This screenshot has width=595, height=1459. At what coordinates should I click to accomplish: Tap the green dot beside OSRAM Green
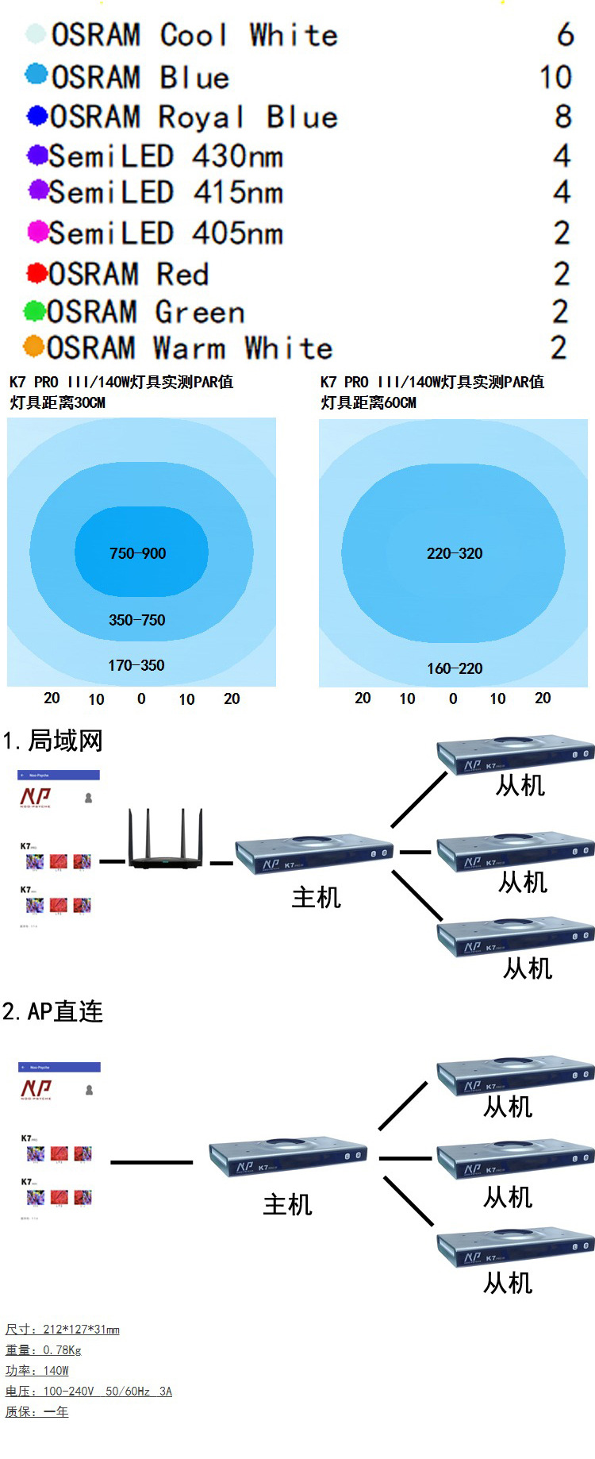[x=34, y=311]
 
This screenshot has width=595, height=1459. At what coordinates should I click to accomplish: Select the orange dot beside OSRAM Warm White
[x=33, y=347]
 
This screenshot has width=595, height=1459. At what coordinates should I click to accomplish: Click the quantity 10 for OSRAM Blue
[x=555, y=78]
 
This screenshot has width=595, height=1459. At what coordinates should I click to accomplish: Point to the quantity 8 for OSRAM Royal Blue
[x=562, y=117]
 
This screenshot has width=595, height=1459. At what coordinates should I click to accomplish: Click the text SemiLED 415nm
[x=166, y=193]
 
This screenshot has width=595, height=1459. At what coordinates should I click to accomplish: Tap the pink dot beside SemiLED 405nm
[x=37, y=233]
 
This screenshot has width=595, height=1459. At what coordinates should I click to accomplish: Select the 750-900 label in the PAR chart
[x=137, y=553]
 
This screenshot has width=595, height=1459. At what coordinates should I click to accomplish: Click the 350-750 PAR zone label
[x=136, y=620]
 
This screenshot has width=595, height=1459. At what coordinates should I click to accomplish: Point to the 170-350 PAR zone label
[x=136, y=665]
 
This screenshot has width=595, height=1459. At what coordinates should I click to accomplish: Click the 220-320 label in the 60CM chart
[x=454, y=553]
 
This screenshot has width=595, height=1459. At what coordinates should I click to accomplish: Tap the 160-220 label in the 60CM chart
[x=454, y=668]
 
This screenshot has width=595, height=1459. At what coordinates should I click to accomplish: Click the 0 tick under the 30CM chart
[x=141, y=699]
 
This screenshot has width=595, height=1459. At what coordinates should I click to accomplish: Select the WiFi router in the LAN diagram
[x=165, y=841]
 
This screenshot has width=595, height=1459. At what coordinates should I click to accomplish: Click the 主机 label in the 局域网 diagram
[x=316, y=897]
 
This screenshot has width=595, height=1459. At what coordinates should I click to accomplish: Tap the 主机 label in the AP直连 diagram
[x=287, y=1205]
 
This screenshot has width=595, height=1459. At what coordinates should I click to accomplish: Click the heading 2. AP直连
[x=53, y=1011]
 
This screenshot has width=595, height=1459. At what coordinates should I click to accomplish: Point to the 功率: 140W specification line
[x=37, y=1370]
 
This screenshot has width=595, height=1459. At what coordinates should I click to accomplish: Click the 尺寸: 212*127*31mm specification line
[x=63, y=1329]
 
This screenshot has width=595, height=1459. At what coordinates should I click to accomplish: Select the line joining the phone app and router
[x=112, y=861]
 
